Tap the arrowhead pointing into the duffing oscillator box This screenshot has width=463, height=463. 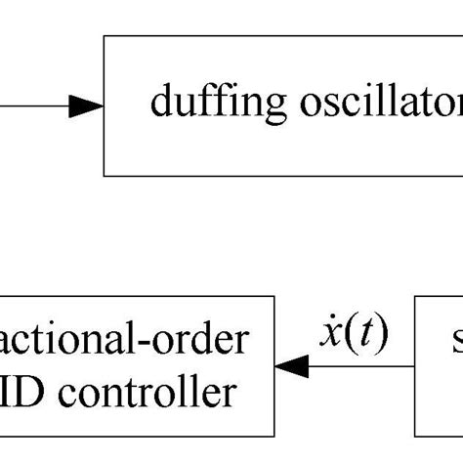86,106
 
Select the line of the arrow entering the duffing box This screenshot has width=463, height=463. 34,106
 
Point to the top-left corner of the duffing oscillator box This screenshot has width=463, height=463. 105,36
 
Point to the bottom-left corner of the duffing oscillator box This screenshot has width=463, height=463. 105,176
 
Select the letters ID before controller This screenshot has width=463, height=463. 25,393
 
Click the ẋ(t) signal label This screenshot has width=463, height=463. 354,335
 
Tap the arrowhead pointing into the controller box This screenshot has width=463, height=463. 292,367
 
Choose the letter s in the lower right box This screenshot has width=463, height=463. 456,341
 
